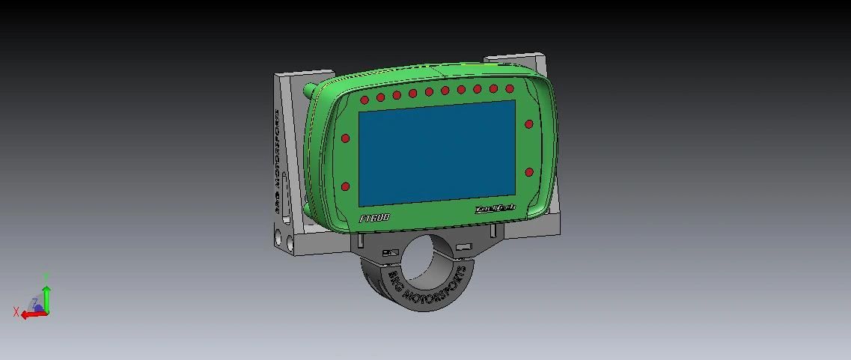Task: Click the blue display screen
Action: [437, 153]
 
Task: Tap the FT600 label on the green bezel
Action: [375, 219]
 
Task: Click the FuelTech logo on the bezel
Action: [495, 210]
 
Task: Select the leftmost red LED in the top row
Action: [365, 100]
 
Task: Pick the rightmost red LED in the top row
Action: [510, 89]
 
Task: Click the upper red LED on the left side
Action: [346, 138]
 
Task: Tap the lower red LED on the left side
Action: [346, 186]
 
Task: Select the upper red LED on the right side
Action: [529, 124]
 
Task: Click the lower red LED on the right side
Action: [529, 172]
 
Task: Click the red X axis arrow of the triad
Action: [31, 314]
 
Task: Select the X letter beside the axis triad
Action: [16, 312]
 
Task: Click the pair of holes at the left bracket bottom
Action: [284, 240]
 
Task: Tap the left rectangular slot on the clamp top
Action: [390, 253]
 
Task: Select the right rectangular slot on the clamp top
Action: [464, 246]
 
